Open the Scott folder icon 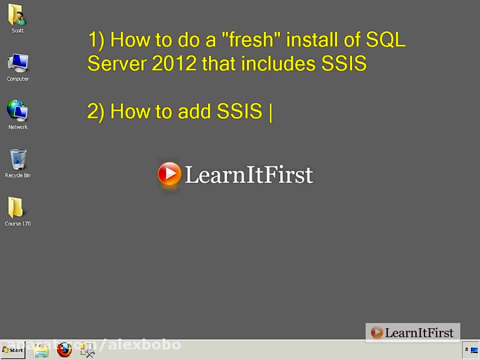click(x=17, y=15)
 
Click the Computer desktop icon click(x=18, y=64)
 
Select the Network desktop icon click(x=18, y=111)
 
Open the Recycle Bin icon click(x=18, y=160)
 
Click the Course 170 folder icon click(x=17, y=209)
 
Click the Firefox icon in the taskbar click(x=65, y=350)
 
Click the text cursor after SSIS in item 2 click(x=271, y=112)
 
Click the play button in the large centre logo click(x=170, y=174)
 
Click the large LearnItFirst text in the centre click(x=249, y=175)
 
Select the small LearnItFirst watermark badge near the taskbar click(x=413, y=333)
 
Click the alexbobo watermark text click(x=145, y=345)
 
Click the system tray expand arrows click(x=467, y=350)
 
